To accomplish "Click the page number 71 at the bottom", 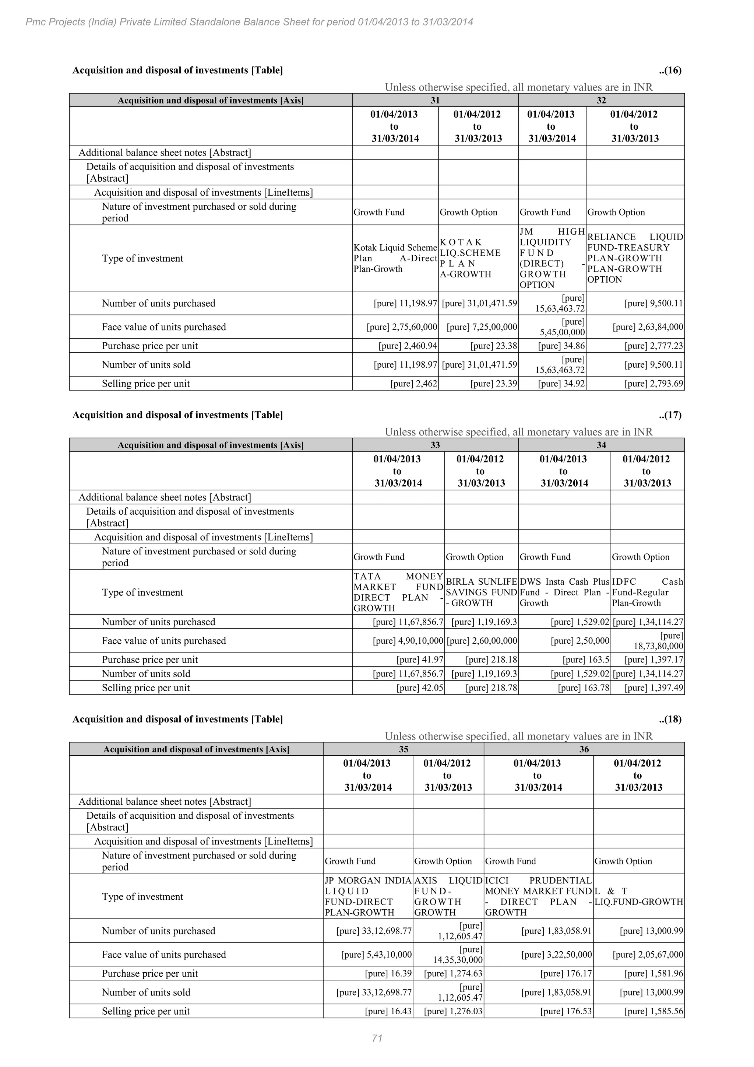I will (377, 1038).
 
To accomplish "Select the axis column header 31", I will (435, 100).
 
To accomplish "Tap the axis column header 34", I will (601, 445).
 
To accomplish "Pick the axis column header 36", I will (584, 749).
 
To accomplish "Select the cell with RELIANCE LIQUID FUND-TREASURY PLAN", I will (635, 258).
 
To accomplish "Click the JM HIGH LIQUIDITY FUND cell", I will (552, 258).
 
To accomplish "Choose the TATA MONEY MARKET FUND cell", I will (398, 592).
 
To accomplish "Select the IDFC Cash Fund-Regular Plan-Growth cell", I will (647, 592).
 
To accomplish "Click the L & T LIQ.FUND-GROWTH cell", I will (639, 896).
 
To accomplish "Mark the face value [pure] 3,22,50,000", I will (557, 955).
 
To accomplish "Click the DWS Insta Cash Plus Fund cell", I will (564, 592).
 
